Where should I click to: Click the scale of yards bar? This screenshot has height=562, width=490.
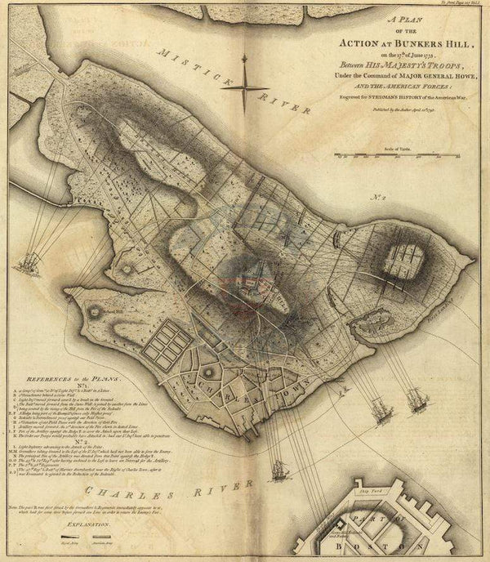(x=402, y=154)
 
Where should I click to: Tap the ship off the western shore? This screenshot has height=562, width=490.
(x=31, y=263)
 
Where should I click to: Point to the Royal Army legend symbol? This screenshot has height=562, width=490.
(x=71, y=553)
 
